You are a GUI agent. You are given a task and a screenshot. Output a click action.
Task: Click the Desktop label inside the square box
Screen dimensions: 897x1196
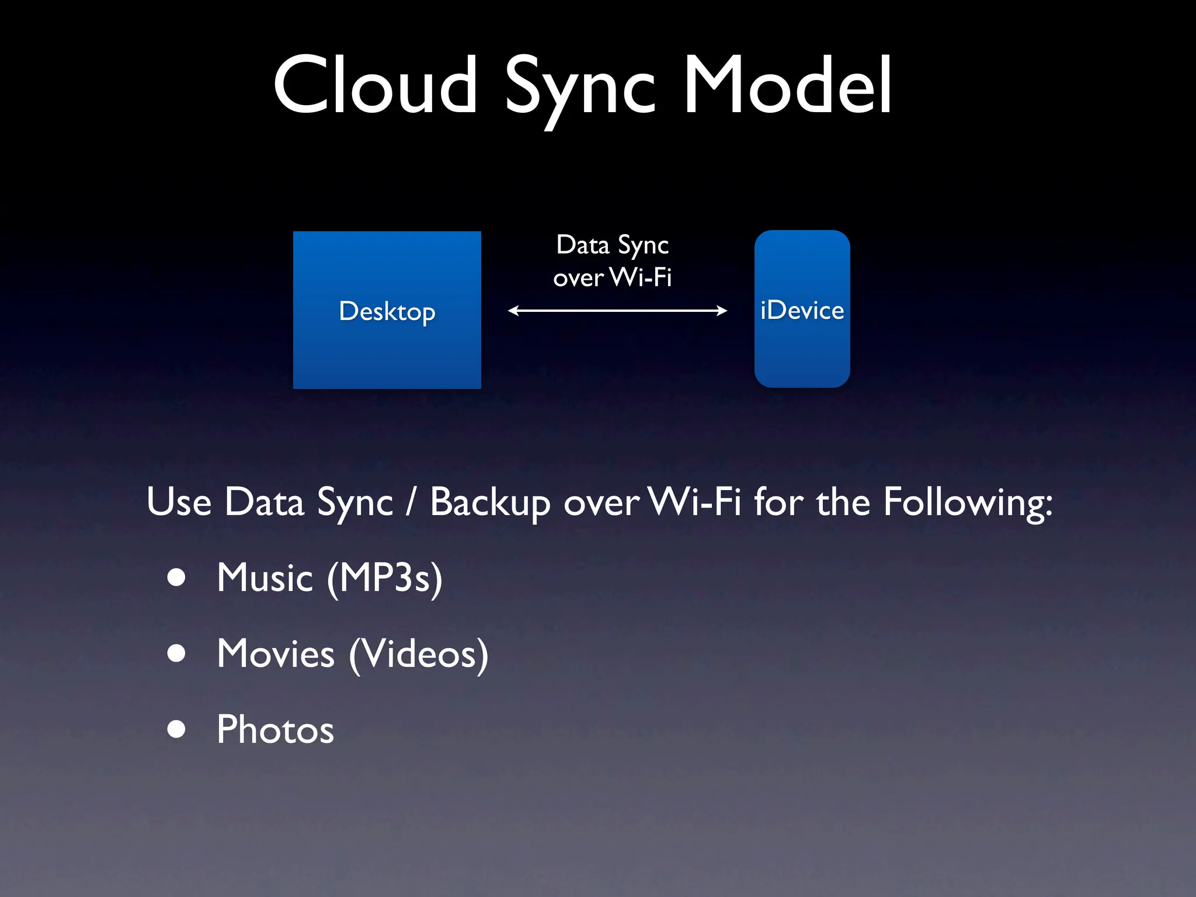click(387, 311)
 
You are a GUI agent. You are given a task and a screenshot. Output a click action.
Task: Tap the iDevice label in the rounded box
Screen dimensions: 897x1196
click(802, 310)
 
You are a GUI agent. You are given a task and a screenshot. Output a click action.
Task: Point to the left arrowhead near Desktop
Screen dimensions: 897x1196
click(513, 311)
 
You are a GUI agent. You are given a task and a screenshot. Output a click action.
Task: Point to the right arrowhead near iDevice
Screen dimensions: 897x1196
click(722, 311)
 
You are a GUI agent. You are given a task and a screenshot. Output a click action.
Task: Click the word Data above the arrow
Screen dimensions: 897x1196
click(582, 245)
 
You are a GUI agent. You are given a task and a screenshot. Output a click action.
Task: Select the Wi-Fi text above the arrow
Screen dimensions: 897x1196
click(641, 277)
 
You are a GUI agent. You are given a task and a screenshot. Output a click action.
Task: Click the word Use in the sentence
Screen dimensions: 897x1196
click(179, 502)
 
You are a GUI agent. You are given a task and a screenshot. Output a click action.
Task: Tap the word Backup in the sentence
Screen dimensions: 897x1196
click(490, 503)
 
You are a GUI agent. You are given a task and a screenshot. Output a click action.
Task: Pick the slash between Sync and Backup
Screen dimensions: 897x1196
click(411, 503)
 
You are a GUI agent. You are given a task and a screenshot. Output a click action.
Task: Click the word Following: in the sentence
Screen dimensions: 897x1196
click(968, 503)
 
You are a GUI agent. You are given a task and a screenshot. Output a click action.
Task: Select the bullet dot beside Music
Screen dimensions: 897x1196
click(176, 578)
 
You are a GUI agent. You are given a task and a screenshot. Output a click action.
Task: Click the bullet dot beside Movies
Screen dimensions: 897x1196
click(176, 653)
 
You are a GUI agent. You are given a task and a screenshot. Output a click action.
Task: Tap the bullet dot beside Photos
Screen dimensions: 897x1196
click(176, 729)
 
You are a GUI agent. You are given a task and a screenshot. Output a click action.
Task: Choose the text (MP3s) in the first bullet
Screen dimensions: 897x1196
click(385, 578)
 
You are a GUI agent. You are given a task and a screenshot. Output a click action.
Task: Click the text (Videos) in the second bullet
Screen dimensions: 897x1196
click(418, 653)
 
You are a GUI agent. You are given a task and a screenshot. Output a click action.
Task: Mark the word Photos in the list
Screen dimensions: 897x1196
click(275, 729)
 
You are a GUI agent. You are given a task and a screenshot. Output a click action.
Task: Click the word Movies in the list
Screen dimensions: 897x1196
click(276, 653)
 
